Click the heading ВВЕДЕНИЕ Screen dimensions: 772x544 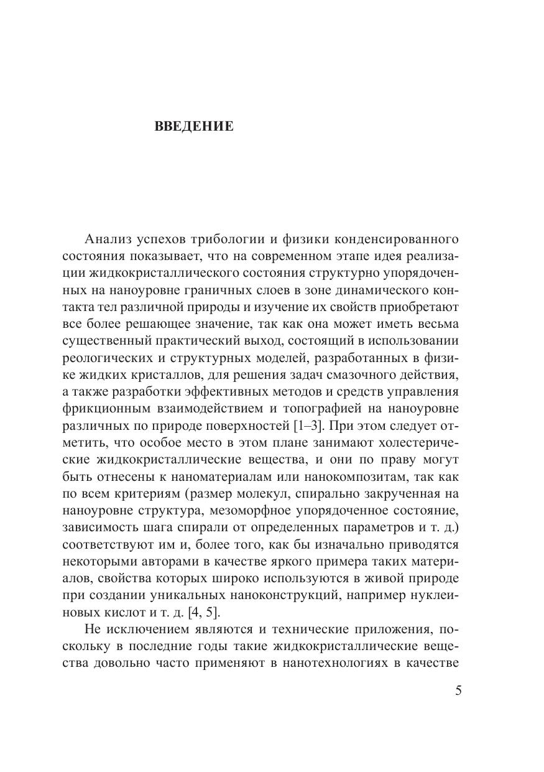pyautogui.click(x=193, y=127)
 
